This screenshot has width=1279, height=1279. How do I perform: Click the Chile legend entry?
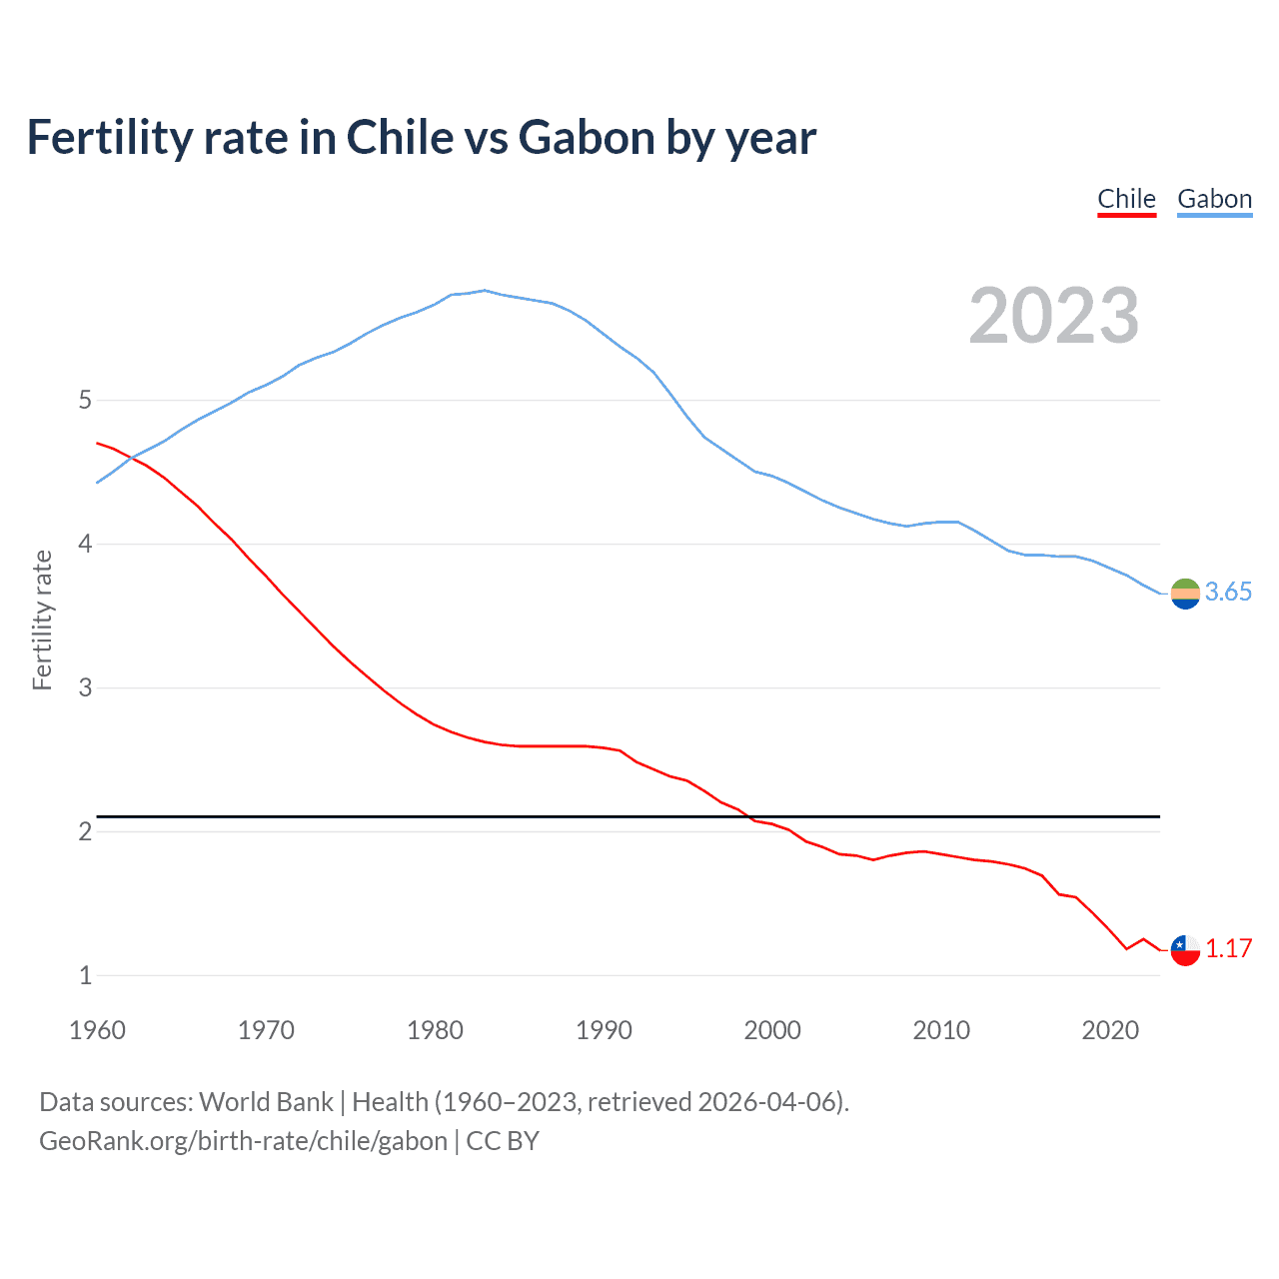coord(1126,199)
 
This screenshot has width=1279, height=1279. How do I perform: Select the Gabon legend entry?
coord(1214,199)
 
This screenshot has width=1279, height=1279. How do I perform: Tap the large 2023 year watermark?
coord(1054,316)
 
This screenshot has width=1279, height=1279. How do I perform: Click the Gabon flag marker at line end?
coord(1185,594)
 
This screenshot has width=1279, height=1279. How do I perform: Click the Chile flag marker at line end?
coord(1185,950)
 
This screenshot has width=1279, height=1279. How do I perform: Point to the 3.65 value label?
coord(1228,593)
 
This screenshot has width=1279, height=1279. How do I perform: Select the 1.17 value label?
coord(1228,949)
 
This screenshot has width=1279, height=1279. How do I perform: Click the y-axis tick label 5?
coord(85,401)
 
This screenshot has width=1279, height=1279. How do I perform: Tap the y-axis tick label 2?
coord(85,832)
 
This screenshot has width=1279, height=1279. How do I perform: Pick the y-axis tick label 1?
coord(85,976)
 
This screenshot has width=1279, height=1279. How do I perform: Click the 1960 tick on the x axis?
coord(97,1030)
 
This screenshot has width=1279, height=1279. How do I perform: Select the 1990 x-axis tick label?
coord(604,1030)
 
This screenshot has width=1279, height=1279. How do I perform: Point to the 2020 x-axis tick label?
coord(1110,1030)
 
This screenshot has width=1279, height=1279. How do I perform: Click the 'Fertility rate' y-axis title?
coord(42,620)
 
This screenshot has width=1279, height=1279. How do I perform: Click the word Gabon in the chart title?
coord(587,138)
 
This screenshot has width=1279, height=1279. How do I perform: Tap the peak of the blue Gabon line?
coord(485,291)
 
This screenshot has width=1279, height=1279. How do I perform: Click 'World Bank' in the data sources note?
coord(266,1102)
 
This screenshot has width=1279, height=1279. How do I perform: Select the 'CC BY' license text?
coord(503,1141)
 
